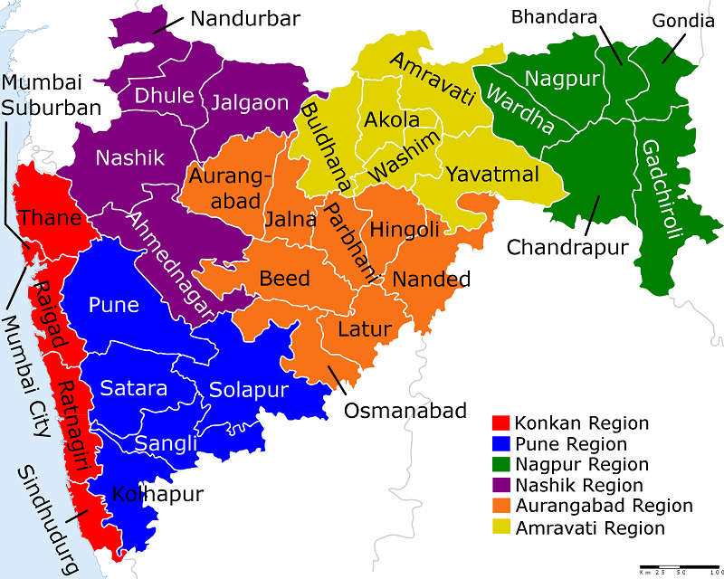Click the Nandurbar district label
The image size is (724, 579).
pyautogui.click(x=245, y=19)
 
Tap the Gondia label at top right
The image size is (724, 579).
pyautogui.click(x=676, y=19)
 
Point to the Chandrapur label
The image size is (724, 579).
pyautogui.click(x=567, y=247)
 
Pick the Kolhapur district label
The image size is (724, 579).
pyautogui.click(x=157, y=495)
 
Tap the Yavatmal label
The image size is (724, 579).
pyautogui.click(x=492, y=174)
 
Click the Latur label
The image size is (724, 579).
pyautogui.click(x=364, y=328)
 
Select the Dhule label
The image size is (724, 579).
pyautogui.click(x=164, y=95)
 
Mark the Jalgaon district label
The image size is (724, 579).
pyautogui.click(x=249, y=102)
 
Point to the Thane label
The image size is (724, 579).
pyautogui.click(x=50, y=217)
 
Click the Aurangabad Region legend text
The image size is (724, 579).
pyautogui.click(x=603, y=507)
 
